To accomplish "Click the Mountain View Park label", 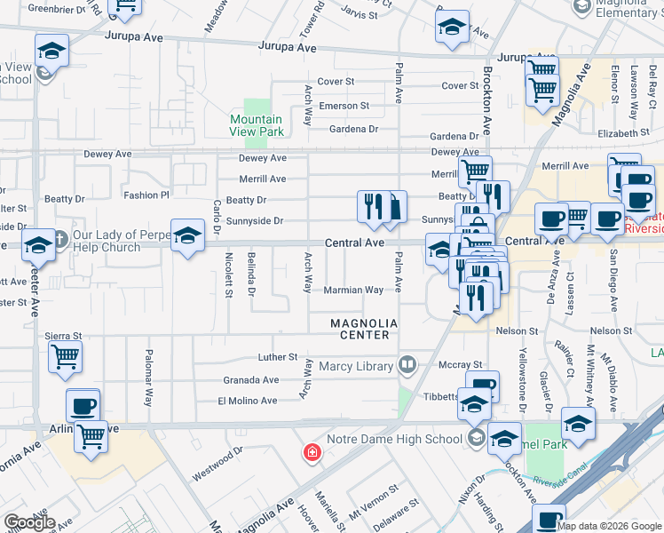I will point(257,125).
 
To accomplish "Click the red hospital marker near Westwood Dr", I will point(312,453).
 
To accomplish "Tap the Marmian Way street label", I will point(352,290).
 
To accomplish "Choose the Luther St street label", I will point(277,357).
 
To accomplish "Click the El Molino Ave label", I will point(249,402).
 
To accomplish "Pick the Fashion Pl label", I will point(146,195).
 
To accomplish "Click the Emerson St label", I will point(344,106).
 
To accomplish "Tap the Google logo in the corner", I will point(29,522).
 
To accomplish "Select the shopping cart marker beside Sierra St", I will point(65,356).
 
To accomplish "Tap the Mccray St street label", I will point(460,364).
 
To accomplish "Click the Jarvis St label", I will point(359,15).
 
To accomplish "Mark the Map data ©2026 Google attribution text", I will point(609,525).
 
